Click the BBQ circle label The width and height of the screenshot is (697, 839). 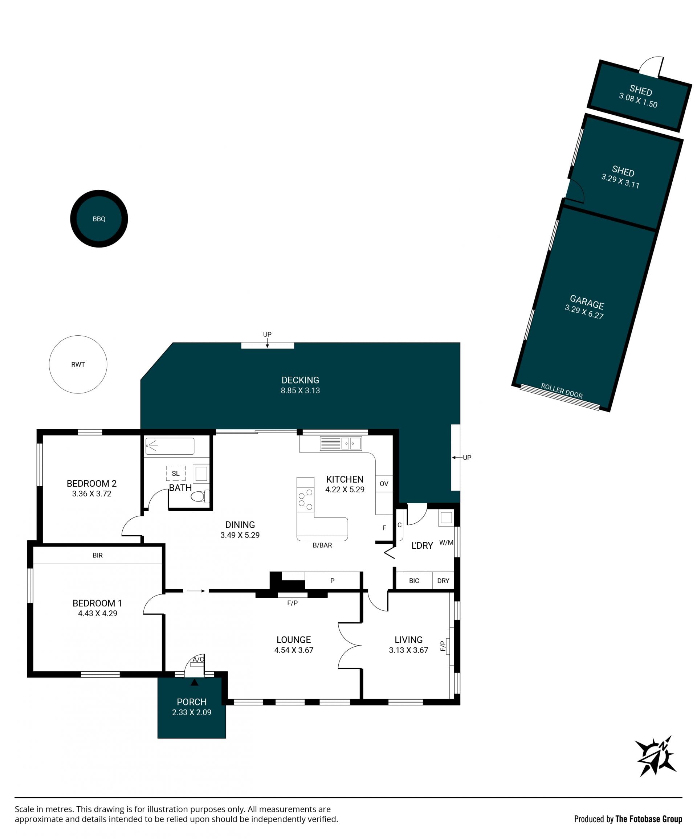pos(99,219)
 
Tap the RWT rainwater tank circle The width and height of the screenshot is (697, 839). pos(78,364)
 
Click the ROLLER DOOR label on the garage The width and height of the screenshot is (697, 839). pos(562,391)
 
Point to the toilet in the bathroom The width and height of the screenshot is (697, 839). pos(200,496)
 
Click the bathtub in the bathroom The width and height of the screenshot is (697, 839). pos(170,446)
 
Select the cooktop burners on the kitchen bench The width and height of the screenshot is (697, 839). pos(305,499)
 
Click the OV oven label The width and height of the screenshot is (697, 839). pos(384,484)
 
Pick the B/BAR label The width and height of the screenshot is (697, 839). pos(322,545)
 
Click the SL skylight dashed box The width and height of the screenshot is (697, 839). pos(175,474)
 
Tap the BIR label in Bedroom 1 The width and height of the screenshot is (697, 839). pos(98,555)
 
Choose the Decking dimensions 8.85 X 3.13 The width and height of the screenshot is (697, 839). pos(300,391)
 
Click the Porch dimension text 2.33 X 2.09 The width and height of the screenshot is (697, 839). pos(191,712)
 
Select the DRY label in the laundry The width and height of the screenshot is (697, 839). pos(443,581)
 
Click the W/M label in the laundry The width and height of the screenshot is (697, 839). pos(446,543)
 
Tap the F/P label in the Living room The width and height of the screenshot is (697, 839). pos(443,646)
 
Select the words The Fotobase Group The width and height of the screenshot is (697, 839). pos(648,819)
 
